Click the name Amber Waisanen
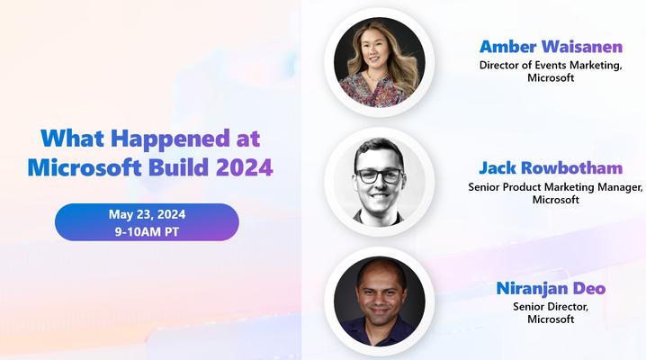[x=551, y=47]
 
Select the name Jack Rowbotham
[x=551, y=167]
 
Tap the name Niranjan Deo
[x=551, y=288]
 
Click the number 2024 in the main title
[x=245, y=167]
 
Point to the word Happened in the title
[x=170, y=139]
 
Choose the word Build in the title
[x=178, y=166]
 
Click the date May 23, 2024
[x=147, y=214]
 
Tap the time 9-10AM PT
[x=147, y=231]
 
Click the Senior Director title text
[x=551, y=307]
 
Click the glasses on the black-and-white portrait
[x=380, y=175]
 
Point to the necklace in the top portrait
[x=377, y=77]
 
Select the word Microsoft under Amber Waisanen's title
[x=551, y=77]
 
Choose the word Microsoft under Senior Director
[x=551, y=319]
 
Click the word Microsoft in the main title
[x=85, y=166]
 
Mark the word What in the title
[x=73, y=138]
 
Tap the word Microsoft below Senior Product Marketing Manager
[x=555, y=200]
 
